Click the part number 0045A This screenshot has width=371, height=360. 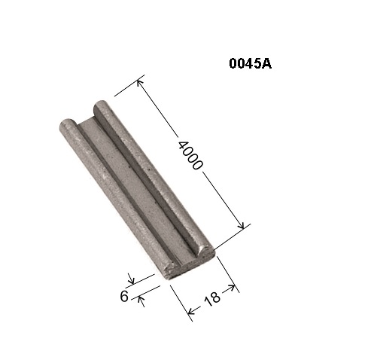tap(250, 63)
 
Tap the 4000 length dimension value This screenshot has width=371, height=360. tap(190, 155)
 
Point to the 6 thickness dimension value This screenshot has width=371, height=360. tap(124, 296)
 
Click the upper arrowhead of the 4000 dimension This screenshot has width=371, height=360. tap(139, 83)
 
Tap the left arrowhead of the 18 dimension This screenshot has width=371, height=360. tap(191, 311)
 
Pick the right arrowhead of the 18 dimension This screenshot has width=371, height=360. tap(232, 288)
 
